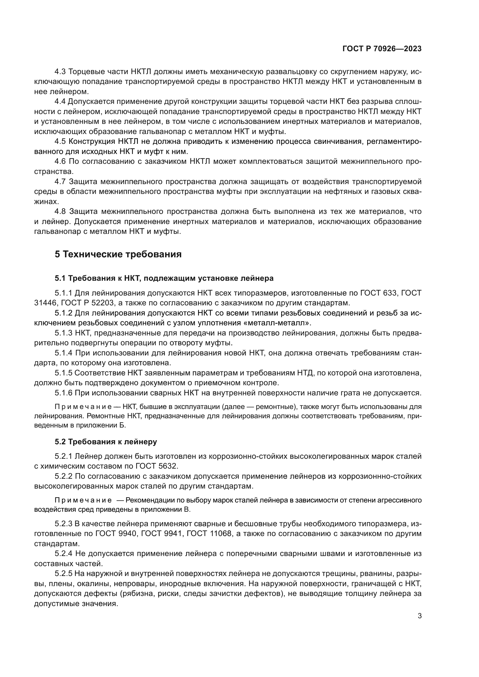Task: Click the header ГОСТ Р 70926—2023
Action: click(x=382, y=49)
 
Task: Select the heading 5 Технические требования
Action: click(x=118, y=254)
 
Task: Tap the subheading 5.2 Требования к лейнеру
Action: click(x=106, y=441)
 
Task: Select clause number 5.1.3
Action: click(x=63, y=333)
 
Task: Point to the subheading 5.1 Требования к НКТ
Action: click(x=164, y=278)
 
